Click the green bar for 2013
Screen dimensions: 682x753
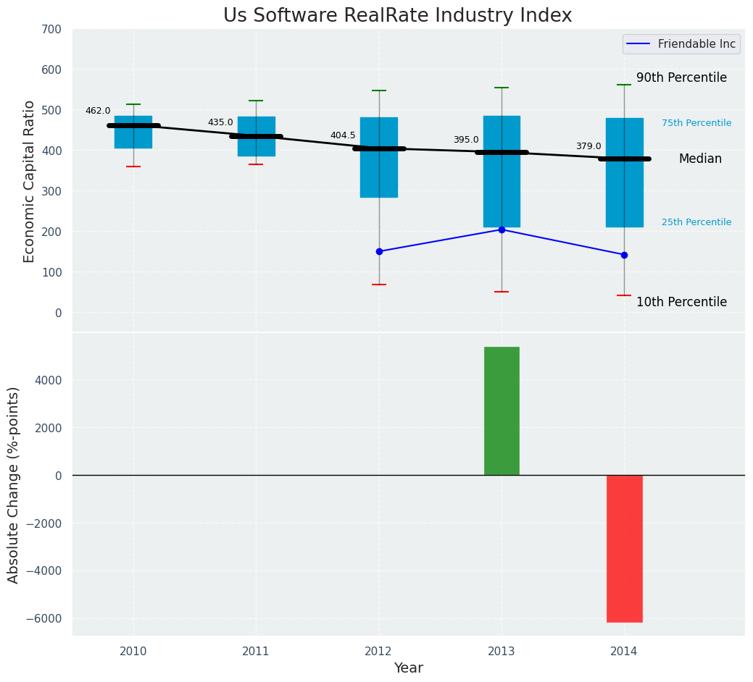[502, 411]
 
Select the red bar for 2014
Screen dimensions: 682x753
[624, 548]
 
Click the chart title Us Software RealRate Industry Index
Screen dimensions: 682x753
[397, 16]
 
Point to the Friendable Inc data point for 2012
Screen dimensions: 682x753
[379, 251]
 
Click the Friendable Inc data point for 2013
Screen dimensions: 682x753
[502, 230]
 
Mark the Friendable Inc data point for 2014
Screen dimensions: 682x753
[624, 255]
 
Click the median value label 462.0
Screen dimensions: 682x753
[98, 111]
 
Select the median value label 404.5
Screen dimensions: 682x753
[343, 135]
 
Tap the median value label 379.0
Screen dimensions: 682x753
[588, 146]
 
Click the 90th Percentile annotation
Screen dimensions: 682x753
[681, 77]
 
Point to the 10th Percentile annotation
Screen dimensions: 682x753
[681, 302]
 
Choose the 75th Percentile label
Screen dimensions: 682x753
[696, 123]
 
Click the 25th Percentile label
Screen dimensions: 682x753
[696, 222]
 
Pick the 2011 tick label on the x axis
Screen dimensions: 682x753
[256, 652]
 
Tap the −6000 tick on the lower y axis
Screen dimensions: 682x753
[45, 618]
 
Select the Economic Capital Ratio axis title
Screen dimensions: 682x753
[30, 181]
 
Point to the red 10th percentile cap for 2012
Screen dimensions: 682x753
[379, 285]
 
